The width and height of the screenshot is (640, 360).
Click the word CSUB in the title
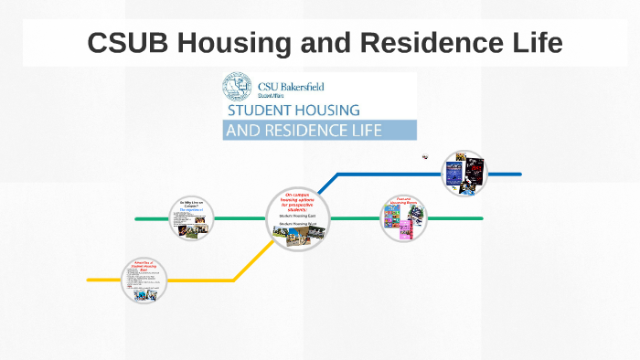tap(124, 42)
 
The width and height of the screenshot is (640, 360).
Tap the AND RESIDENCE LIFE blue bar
tap(319, 130)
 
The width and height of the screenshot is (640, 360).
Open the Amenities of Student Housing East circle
tap(144, 281)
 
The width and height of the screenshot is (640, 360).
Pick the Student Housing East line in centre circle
tap(297, 216)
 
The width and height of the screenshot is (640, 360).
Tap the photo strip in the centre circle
tap(297, 238)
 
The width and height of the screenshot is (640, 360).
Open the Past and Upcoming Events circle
tap(404, 218)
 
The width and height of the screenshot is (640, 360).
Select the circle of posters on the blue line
tap(464, 174)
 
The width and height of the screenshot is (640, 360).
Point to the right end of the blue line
tap(519, 174)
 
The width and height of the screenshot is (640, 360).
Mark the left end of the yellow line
tap(90, 280)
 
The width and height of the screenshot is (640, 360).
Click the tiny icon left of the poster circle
tap(425, 157)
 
